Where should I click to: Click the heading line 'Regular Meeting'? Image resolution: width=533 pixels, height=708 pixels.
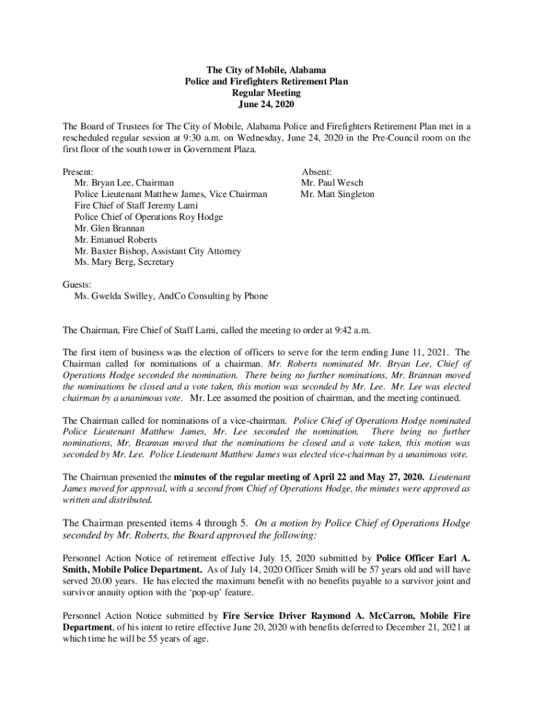click(266, 93)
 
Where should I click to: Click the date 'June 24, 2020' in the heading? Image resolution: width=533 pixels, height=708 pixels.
click(266, 104)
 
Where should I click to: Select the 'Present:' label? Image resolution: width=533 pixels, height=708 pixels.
click(78, 172)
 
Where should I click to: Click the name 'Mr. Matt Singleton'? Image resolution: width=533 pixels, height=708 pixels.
click(337, 194)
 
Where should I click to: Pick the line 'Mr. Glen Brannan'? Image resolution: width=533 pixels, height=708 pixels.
click(109, 228)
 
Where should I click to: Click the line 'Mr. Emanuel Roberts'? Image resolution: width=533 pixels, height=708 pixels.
click(116, 240)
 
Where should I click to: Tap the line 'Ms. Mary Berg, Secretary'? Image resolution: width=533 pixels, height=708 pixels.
click(124, 262)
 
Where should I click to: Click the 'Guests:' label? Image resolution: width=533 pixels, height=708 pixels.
click(78, 285)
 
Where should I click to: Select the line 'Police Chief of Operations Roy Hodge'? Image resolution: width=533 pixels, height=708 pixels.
click(148, 217)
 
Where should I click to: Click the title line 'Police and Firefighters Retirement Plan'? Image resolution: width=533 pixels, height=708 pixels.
click(266, 82)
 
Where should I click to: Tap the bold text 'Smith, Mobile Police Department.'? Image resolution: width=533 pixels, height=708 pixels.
click(126, 570)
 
